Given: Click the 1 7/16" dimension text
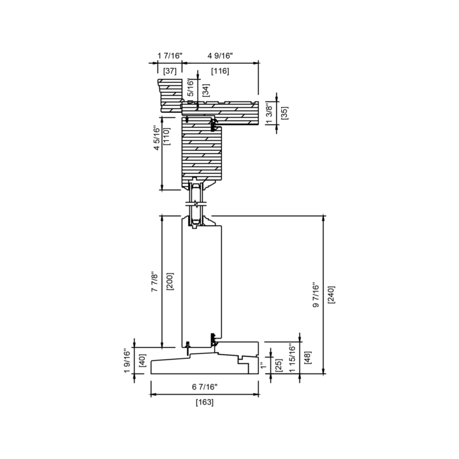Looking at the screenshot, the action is point(170,55).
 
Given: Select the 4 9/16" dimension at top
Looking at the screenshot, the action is point(220,55).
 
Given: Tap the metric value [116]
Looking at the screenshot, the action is point(220,71).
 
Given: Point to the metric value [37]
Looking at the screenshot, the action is point(170,71).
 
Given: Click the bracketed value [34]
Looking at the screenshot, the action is point(206,90).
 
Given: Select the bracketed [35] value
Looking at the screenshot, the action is point(284,113).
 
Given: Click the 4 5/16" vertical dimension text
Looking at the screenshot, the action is point(157,138).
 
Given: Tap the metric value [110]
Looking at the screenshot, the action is point(166,136).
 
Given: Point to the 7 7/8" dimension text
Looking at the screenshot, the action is point(154,282).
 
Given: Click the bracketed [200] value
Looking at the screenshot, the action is point(170,281).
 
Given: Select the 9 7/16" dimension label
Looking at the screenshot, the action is point(316,295).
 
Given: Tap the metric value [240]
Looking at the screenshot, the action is point(331,295).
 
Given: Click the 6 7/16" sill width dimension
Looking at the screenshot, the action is point(205,387).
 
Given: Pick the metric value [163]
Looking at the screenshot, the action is point(205,402).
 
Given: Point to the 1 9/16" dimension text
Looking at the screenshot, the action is point(127,361).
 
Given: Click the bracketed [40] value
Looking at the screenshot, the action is point(142,361).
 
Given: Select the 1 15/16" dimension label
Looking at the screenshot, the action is point(292,358).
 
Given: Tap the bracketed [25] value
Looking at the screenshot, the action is point(279,365).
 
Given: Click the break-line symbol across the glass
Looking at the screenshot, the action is point(196,203).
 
